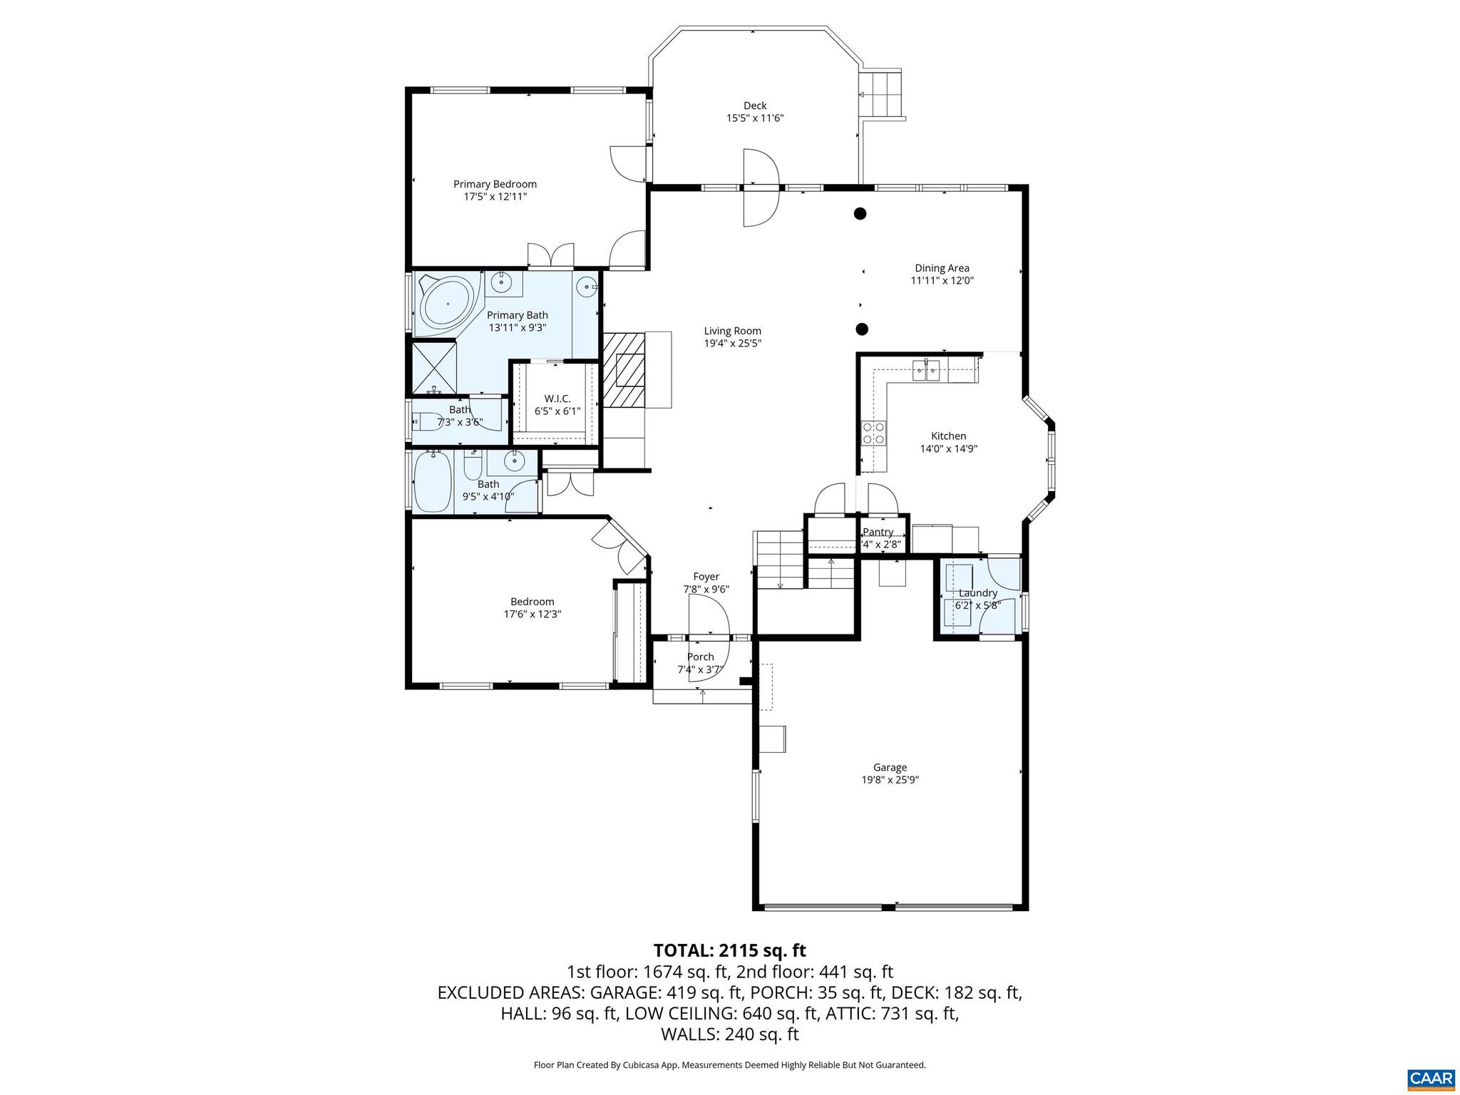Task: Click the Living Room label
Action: pyautogui.click(x=732, y=331)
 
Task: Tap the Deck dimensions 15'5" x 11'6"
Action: pyautogui.click(x=755, y=118)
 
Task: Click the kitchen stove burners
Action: pyautogui.click(x=874, y=433)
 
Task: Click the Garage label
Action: pyautogui.click(x=890, y=767)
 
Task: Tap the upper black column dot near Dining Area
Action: pyautogui.click(x=860, y=212)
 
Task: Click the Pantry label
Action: pyautogui.click(x=878, y=532)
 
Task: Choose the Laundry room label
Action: pyautogui.click(x=977, y=593)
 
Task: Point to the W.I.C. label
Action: pyautogui.click(x=557, y=399)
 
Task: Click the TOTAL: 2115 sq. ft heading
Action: pyautogui.click(x=729, y=950)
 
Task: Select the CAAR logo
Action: pyautogui.click(x=1431, y=1077)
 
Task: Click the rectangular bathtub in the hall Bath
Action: pyautogui.click(x=432, y=481)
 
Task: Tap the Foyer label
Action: pyautogui.click(x=706, y=577)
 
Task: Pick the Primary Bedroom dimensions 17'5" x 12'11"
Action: pyautogui.click(x=495, y=197)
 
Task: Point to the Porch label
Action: pyautogui.click(x=700, y=657)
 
